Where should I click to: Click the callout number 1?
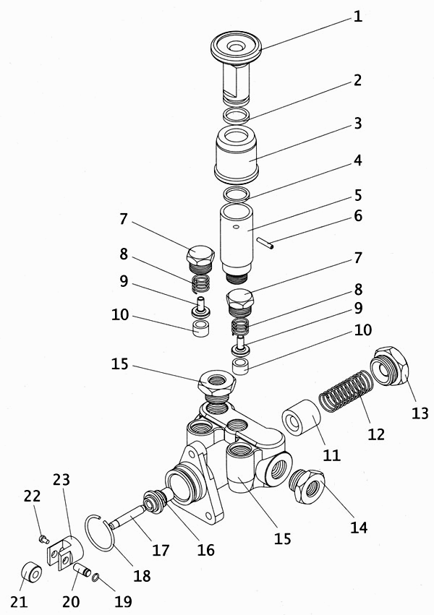point(357,15)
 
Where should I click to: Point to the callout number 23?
point(61,479)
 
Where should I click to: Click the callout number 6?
point(357,216)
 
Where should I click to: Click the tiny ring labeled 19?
point(97,576)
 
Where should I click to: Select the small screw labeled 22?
point(43,538)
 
